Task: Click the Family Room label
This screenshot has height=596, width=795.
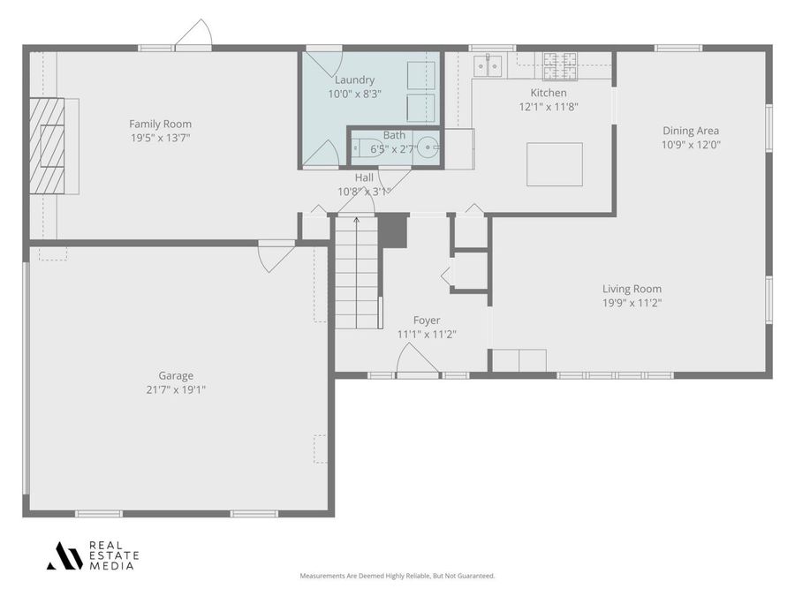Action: tap(160, 124)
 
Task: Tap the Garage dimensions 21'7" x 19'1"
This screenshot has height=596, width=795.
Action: tap(176, 389)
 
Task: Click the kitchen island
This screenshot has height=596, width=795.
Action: tap(554, 164)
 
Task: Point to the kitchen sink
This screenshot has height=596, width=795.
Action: tap(487, 64)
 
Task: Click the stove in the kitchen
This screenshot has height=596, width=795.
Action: tap(559, 61)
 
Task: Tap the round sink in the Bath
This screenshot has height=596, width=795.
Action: tap(428, 147)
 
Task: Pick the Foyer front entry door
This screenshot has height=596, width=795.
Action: tap(417, 362)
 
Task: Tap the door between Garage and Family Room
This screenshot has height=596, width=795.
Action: tap(276, 256)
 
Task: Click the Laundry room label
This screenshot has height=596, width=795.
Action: tap(354, 79)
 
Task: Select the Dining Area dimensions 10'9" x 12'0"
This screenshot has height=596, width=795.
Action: tap(691, 145)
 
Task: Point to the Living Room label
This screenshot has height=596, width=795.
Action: tap(632, 289)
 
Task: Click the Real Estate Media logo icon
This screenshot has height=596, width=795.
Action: tap(64, 555)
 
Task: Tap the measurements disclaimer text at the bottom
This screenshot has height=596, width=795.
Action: tap(397, 576)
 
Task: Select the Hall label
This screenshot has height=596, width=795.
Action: tap(364, 177)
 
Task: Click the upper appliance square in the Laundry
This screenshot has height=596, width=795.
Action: tap(420, 76)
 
